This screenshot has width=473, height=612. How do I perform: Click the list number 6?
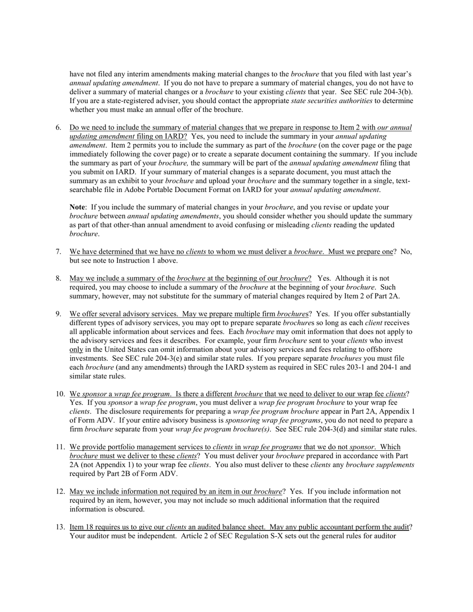tap(58, 127)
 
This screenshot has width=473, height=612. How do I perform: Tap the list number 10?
tap(60, 394)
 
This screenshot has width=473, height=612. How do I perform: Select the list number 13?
tap(60, 527)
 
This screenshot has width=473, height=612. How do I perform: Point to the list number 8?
tap(58, 278)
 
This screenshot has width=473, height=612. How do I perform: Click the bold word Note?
tap(77, 207)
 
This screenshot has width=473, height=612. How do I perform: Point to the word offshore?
tap(387, 350)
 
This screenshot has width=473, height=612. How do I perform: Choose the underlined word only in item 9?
tap(76, 350)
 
